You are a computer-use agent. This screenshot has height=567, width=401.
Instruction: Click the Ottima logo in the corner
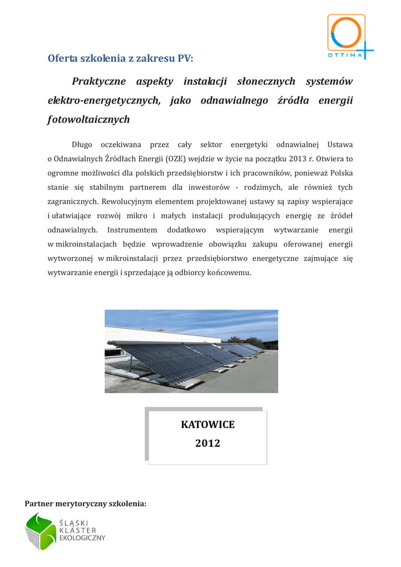tap(350, 37)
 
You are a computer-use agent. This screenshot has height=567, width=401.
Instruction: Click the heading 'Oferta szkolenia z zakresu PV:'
tap(121, 58)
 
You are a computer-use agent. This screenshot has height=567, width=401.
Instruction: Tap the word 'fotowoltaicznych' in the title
tap(88, 120)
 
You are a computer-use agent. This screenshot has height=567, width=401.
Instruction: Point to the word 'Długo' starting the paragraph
tap(82, 145)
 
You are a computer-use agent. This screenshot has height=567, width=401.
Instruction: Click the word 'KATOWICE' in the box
tap(207, 425)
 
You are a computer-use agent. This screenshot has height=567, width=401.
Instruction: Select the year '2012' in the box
tap(207, 444)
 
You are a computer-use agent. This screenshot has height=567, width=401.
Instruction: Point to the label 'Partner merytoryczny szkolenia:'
tap(86, 504)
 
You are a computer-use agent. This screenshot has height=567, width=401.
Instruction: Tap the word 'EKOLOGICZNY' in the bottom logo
tap(81, 537)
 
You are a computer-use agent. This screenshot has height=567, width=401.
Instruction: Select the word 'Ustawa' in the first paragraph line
tap(340, 145)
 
